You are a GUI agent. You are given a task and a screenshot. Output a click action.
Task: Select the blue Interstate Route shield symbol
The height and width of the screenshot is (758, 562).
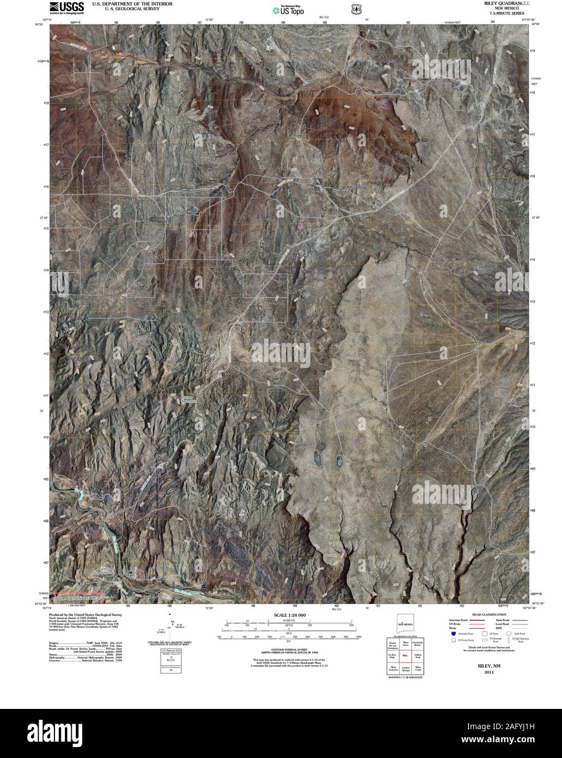coord(453,633)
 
